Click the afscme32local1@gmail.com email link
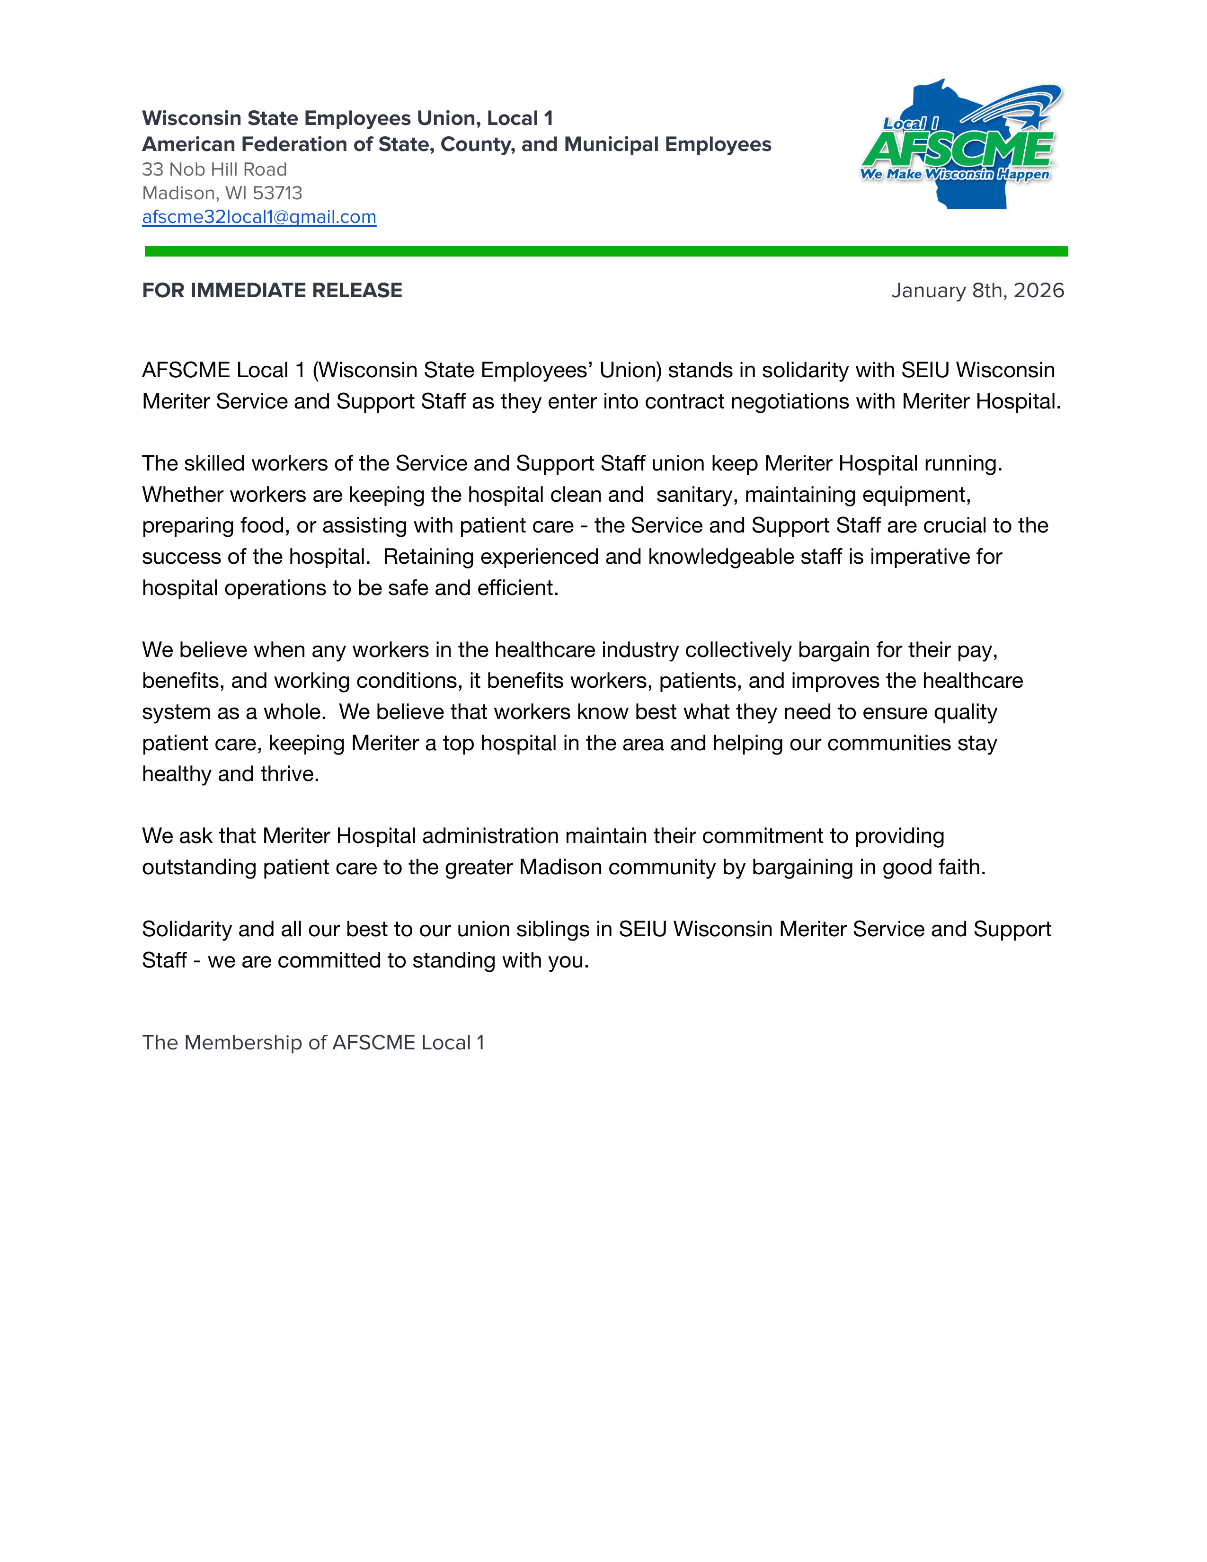[259, 217]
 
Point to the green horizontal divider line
[606, 251]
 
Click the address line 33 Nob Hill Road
[214, 169]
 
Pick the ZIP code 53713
[277, 193]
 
